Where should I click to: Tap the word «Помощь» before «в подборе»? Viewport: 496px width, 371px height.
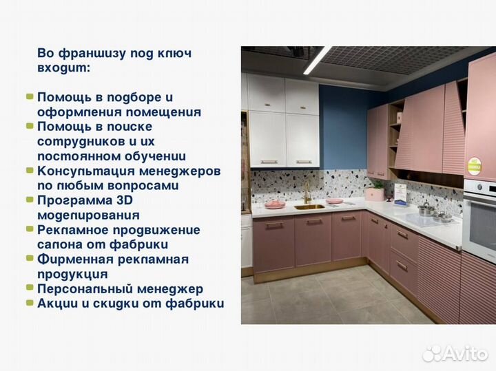(x=61, y=97)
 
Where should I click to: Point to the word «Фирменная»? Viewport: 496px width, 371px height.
(x=70, y=259)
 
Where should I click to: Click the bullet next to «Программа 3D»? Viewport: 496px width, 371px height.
(x=30, y=200)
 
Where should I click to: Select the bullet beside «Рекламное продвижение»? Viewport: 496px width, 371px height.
(x=30, y=229)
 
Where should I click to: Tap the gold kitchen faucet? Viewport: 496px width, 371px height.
(x=307, y=192)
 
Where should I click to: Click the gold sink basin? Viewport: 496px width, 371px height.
(x=309, y=206)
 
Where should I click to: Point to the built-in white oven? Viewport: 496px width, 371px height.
(x=479, y=213)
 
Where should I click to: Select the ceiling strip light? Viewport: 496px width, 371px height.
(x=318, y=61)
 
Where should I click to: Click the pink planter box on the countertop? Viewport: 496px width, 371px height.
(x=376, y=193)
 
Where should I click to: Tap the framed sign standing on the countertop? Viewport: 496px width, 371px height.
(x=400, y=193)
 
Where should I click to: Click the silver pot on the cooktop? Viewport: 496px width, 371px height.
(x=426, y=209)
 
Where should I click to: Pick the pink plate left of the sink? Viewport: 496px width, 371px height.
(x=275, y=204)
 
